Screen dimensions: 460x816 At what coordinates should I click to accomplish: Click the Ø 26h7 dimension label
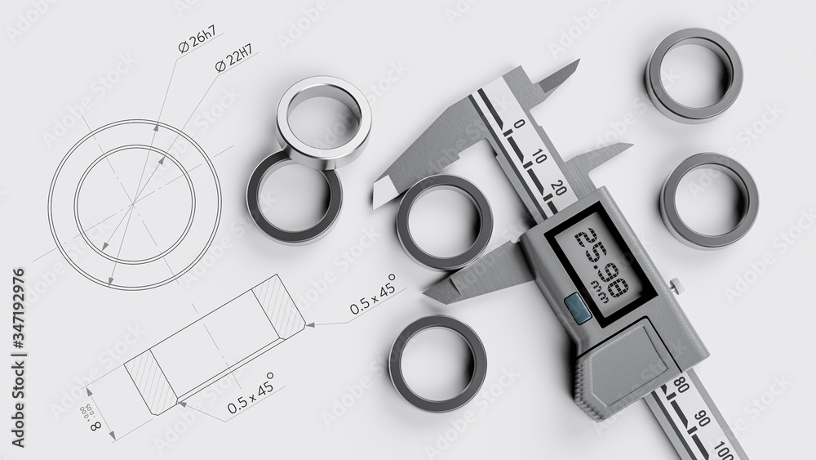(x=197, y=38)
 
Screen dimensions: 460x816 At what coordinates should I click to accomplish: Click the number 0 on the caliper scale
(x=518, y=124)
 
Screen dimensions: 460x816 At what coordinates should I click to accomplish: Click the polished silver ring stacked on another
(x=323, y=122)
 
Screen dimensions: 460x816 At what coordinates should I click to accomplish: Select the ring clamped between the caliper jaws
(x=445, y=221)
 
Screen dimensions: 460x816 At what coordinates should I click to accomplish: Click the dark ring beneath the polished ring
(x=294, y=201)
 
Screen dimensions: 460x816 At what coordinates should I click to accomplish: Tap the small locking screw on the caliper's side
(x=675, y=285)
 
